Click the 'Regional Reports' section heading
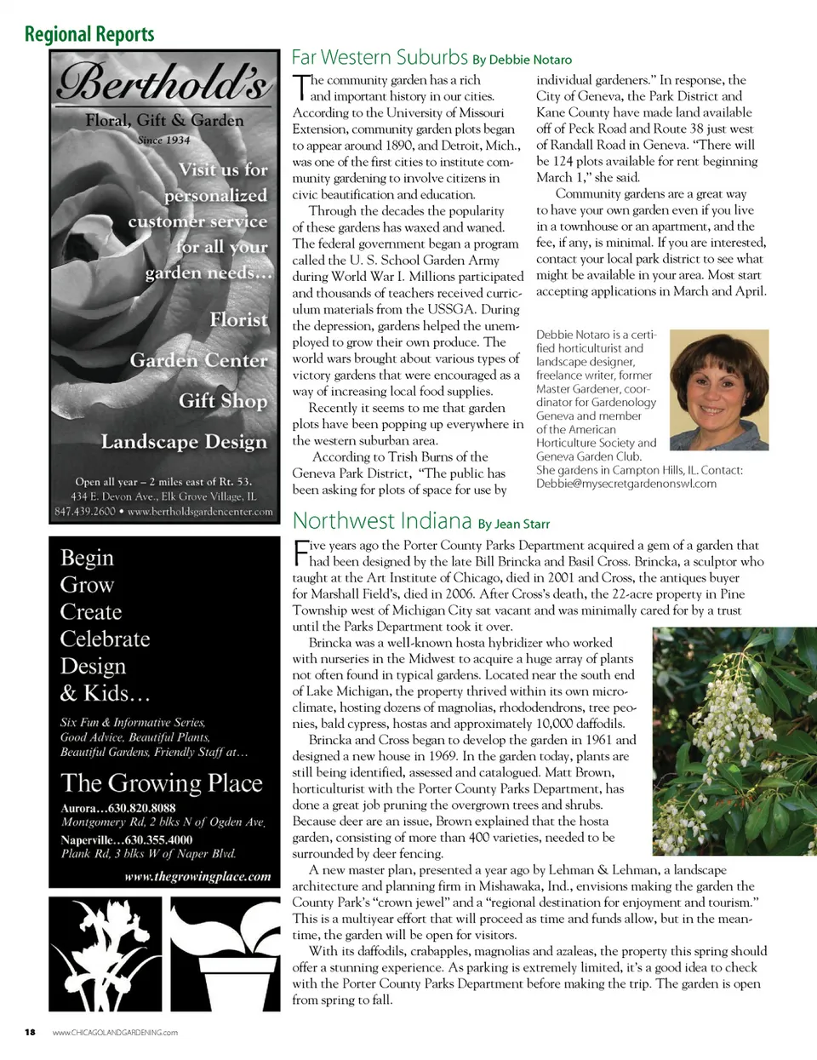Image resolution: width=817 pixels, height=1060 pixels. tap(89, 34)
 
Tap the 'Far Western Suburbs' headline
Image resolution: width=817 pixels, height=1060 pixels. tap(380, 58)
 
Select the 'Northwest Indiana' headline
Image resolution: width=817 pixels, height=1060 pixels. tap(382, 521)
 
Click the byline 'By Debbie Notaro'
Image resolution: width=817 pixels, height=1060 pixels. tap(522, 60)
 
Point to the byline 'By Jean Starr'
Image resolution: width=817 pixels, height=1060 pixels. tap(514, 524)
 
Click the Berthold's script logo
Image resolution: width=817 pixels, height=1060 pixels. tap(164, 84)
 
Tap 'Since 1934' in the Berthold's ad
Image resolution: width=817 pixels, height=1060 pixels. tap(163, 140)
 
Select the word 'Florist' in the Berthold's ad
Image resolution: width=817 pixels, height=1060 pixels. tap(238, 320)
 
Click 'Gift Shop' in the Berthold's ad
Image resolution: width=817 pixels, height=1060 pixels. tap(223, 401)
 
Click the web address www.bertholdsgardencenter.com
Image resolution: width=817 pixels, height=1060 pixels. tap(200, 512)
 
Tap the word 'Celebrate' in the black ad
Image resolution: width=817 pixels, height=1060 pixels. tap(105, 639)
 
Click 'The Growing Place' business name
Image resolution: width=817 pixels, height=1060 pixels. tap(162, 783)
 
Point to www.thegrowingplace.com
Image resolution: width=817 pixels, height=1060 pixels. tap(197, 876)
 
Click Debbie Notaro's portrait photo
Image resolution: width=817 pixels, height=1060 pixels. tap(719, 390)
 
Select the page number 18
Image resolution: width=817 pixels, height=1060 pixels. tap(30, 1032)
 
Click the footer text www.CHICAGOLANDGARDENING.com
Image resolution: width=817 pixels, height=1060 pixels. tap(115, 1032)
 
